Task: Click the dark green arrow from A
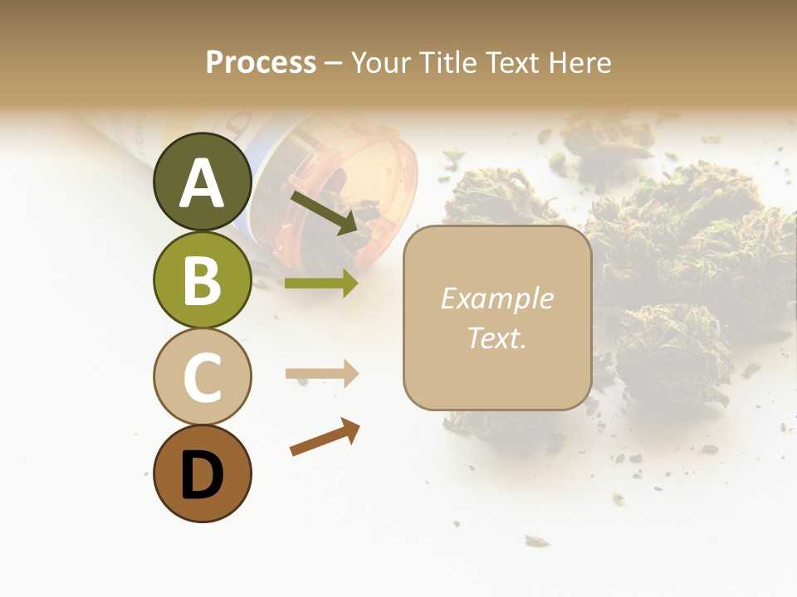click(324, 212)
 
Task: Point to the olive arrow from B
click(321, 284)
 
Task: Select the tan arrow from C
click(321, 374)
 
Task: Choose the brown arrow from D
click(325, 437)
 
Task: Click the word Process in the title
click(261, 62)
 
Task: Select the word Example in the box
click(496, 298)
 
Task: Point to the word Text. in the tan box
click(496, 337)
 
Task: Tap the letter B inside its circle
click(203, 280)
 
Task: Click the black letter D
click(203, 475)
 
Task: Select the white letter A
click(203, 183)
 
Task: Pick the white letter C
click(203, 377)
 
